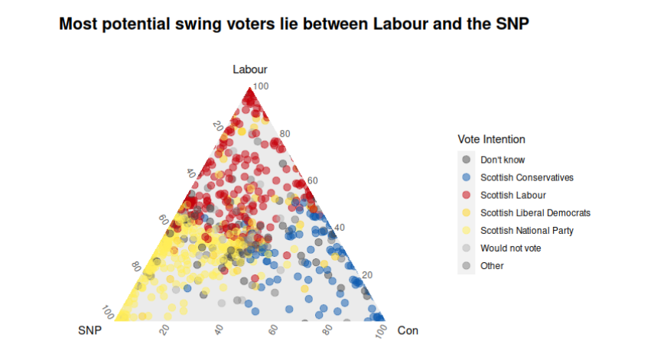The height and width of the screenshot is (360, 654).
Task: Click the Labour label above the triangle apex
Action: click(x=250, y=70)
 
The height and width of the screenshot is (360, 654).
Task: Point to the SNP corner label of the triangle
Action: click(x=90, y=330)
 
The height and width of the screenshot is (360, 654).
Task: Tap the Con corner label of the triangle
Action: click(x=408, y=330)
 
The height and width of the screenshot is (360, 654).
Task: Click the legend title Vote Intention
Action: click(x=491, y=139)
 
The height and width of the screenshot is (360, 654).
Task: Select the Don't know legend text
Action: click(x=503, y=160)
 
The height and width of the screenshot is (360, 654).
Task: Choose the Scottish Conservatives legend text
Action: click(x=526, y=177)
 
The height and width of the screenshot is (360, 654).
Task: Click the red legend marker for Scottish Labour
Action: click(x=466, y=195)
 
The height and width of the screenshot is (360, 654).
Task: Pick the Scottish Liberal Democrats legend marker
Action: click(x=466, y=212)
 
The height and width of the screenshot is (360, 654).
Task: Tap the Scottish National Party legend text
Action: click(x=526, y=230)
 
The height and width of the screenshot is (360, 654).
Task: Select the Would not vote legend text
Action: click(x=510, y=248)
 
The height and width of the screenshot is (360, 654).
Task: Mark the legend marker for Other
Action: click(x=466, y=265)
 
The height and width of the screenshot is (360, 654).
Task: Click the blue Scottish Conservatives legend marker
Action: click(x=466, y=177)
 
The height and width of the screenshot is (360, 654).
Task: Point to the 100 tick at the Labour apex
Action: click(x=261, y=86)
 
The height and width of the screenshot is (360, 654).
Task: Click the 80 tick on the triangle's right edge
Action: click(x=285, y=135)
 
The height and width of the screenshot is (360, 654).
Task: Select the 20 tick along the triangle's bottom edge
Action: click(x=164, y=329)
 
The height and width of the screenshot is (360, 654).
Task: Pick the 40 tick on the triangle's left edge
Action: click(x=191, y=174)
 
